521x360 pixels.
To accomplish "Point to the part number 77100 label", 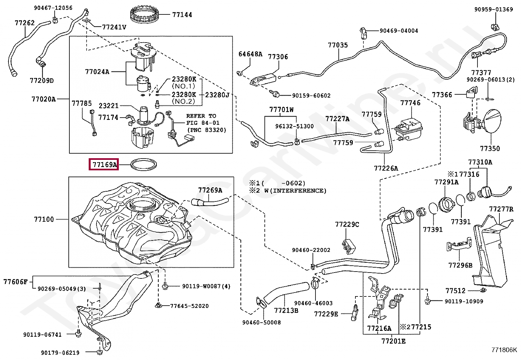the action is pos(44,219).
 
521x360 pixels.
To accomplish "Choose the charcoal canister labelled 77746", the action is pos(408,130).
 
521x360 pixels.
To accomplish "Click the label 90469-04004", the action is pos(399,30).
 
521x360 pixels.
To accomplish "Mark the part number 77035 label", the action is pos(338,45).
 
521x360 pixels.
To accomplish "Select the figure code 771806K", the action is pos(504,350).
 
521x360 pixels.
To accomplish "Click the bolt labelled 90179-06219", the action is pos(99,352).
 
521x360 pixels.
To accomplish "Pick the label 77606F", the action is pos(15,282).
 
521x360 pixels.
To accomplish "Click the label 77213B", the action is pos(286,311).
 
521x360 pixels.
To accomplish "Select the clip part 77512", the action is pos(483,290).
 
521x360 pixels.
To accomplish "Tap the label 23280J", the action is pos(217,95).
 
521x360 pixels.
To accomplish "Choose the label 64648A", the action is pos(250,54).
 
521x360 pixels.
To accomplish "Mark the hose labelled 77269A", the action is pos(209,202).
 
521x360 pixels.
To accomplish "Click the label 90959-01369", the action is pos(494,9).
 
